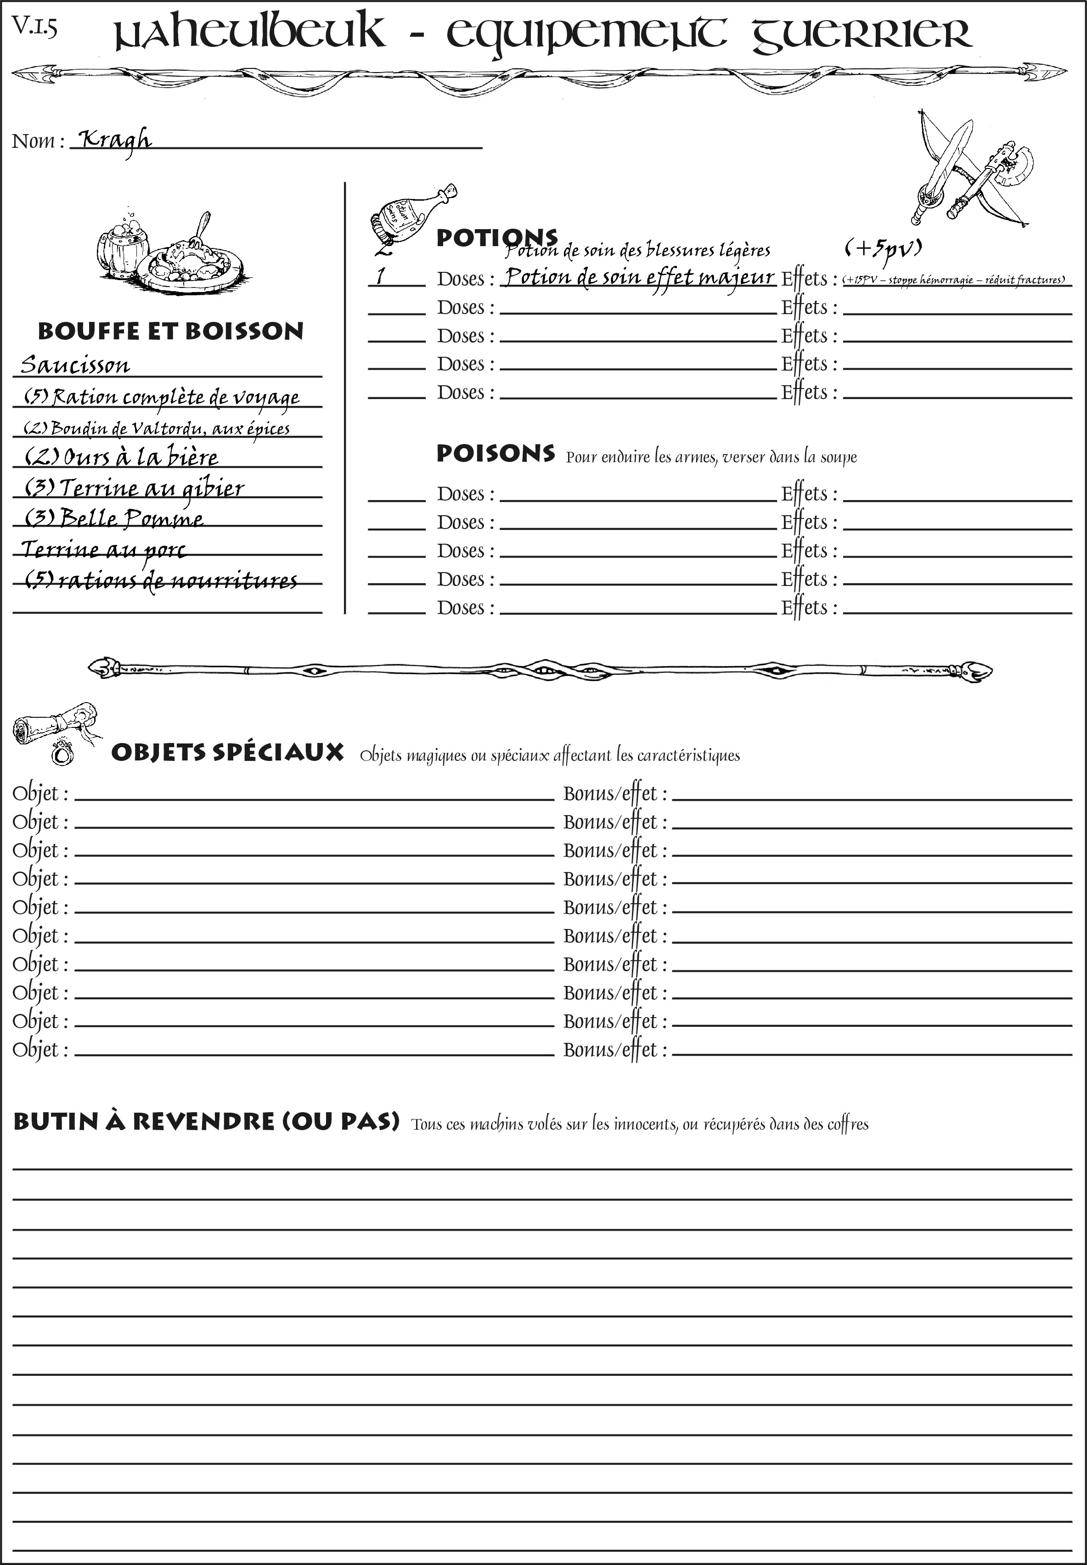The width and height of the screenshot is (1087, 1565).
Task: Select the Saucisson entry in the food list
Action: point(75,365)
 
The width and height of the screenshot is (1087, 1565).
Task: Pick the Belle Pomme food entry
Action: point(114,518)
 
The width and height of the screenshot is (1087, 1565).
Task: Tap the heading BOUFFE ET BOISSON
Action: point(170,332)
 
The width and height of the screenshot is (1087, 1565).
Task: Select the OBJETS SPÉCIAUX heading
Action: point(227,753)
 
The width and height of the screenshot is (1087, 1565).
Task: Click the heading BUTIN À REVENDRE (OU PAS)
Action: point(206,1122)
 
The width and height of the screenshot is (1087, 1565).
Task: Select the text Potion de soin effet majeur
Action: point(639,278)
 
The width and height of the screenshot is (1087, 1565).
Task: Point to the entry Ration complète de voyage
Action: point(162,396)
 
